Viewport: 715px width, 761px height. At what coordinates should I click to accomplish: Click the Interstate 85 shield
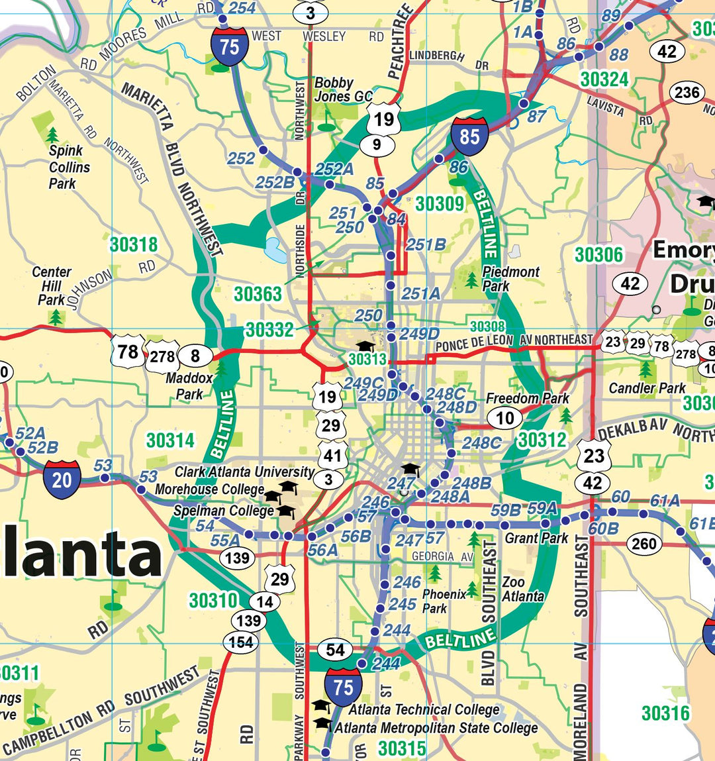tap(469, 137)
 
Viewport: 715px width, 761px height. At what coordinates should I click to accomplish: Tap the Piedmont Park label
tap(510, 279)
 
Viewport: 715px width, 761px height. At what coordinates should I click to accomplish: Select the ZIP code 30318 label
tap(134, 244)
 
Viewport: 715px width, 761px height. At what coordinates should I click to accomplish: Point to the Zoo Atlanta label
tap(522, 589)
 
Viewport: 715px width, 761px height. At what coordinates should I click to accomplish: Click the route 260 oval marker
tap(643, 544)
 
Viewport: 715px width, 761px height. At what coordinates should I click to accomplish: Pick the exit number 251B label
tap(426, 245)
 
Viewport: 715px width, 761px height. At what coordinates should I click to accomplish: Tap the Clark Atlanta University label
tap(244, 472)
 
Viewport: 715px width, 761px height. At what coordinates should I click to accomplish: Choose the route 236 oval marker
tap(687, 93)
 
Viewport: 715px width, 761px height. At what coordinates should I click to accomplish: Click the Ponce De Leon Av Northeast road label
tap(514, 342)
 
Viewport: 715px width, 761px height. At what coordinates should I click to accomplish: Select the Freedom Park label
tap(527, 398)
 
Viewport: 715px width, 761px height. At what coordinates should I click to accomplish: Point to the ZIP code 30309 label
tap(440, 203)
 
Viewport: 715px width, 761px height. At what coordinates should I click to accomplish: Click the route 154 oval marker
tap(241, 642)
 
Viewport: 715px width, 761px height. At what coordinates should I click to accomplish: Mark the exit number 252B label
tap(275, 181)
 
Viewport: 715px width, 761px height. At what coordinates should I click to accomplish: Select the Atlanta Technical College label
tap(424, 709)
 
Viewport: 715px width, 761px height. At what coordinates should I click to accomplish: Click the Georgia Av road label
tap(442, 556)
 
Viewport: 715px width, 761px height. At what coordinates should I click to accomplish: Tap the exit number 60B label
tap(603, 529)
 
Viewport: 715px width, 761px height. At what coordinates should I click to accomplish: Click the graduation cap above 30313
tap(365, 346)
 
